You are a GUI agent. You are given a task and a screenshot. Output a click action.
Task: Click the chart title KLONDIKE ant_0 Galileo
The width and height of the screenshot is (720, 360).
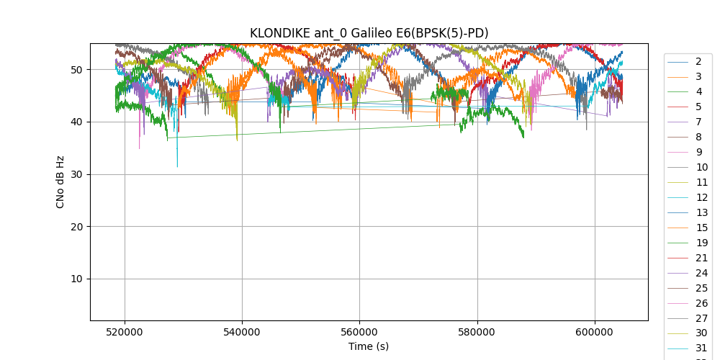pos(369,33)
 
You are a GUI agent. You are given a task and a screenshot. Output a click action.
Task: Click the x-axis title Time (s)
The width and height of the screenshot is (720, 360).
pos(369,346)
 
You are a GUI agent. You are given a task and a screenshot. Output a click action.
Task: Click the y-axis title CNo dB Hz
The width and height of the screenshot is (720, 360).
pos(60,181)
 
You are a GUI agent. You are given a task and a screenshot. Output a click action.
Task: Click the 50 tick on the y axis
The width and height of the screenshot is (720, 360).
pos(76,70)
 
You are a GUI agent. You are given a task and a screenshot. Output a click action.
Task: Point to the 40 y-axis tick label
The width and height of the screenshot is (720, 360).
pos(76,122)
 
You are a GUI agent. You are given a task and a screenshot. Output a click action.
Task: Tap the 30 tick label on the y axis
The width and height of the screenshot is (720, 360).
pos(76,174)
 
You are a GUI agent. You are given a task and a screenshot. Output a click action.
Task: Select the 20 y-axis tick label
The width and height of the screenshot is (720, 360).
pos(76,227)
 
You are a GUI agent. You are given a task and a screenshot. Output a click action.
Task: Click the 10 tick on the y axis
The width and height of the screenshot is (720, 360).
pos(76,279)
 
